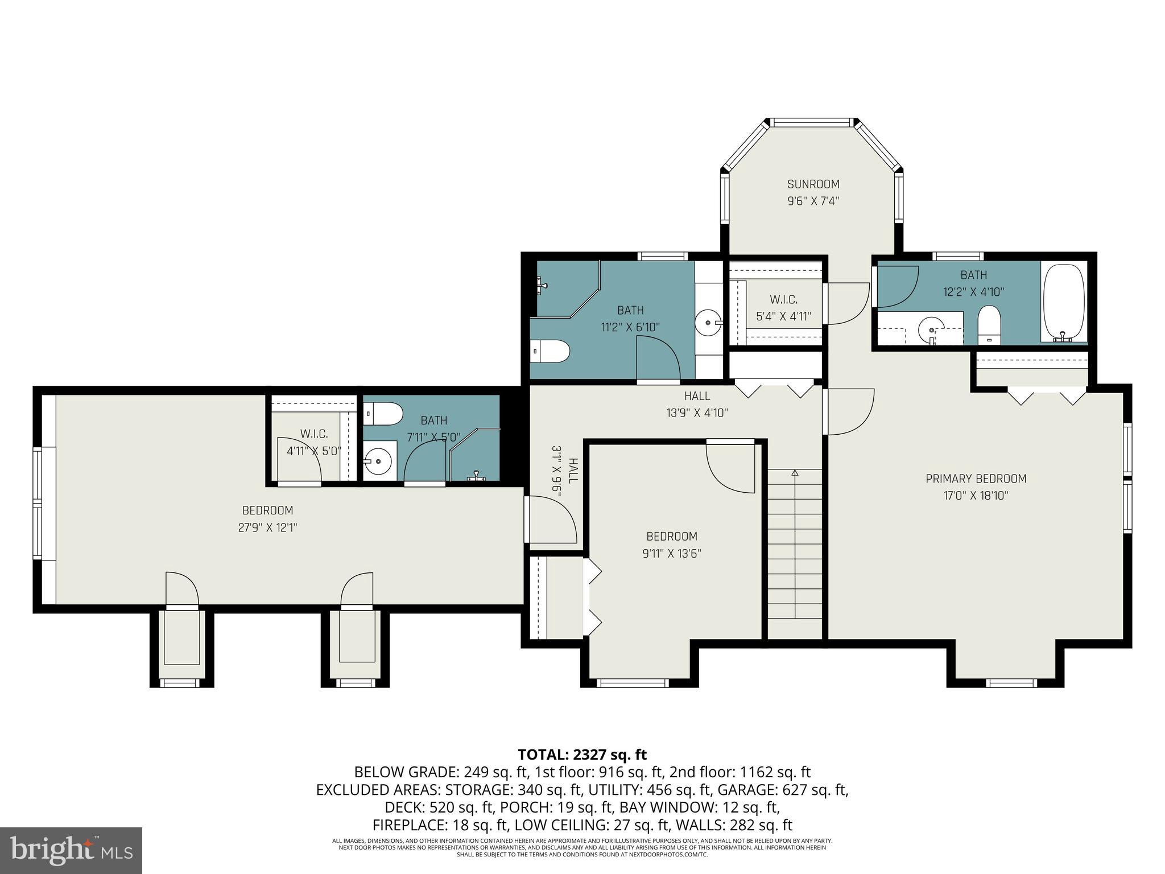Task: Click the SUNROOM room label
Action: coord(813,184)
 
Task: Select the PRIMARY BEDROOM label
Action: coord(976,479)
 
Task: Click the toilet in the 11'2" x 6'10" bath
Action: coord(550,352)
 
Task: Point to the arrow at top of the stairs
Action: coord(795,473)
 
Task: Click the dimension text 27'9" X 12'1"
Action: coord(267,527)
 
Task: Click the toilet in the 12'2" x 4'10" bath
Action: coord(989,324)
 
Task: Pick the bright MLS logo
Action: coord(71,850)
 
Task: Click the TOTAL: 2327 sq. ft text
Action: coord(582,755)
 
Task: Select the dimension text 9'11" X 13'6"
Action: coord(671,553)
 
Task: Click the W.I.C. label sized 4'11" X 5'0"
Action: coord(314,434)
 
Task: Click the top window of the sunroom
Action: coord(813,122)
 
